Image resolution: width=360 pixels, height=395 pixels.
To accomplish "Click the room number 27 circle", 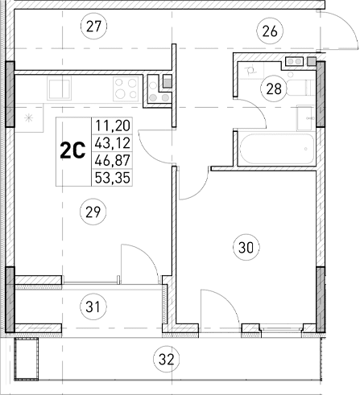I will pyautogui.click(x=94, y=27).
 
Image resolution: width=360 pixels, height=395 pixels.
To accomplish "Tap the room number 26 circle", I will pyautogui.click(x=268, y=31).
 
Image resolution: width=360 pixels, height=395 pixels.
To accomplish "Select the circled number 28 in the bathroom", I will pyautogui.click(x=275, y=88).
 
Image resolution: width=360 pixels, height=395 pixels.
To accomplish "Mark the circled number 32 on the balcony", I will pyautogui.click(x=167, y=358).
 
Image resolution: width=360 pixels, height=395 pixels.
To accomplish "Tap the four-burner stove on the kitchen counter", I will pyautogui.click(x=123, y=86).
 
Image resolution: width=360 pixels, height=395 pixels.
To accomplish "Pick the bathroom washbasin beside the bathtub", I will pyautogui.click(x=304, y=116).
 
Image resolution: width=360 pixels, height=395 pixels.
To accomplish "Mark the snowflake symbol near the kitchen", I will pyautogui.click(x=30, y=119).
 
